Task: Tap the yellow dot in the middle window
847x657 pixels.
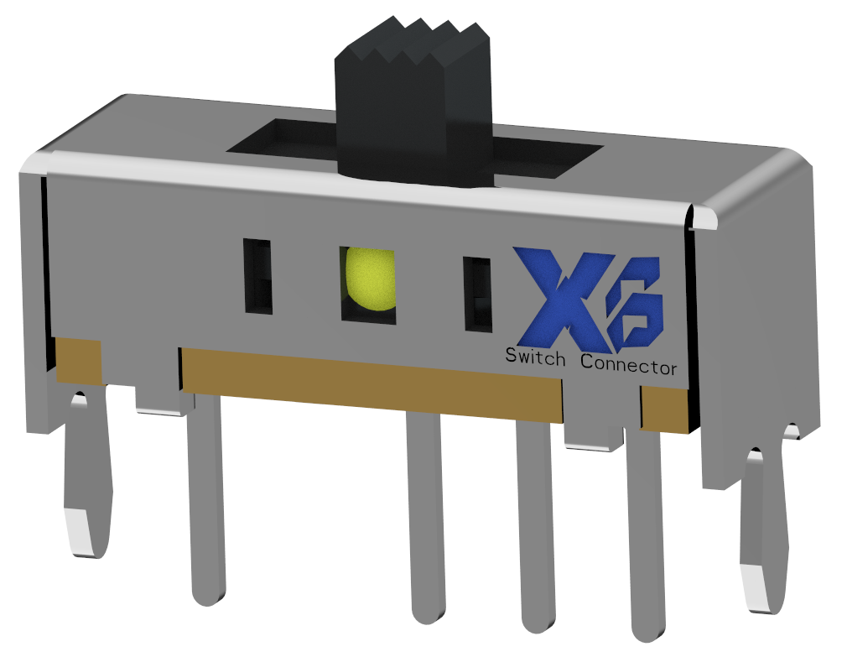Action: pyautogui.click(x=370, y=278)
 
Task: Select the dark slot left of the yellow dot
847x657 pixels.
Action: pyautogui.click(x=257, y=276)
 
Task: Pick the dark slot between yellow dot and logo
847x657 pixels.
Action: pyautogui.click(x=478, y=293)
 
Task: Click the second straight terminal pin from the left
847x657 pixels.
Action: pyautogui.click(x=424, y=520)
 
